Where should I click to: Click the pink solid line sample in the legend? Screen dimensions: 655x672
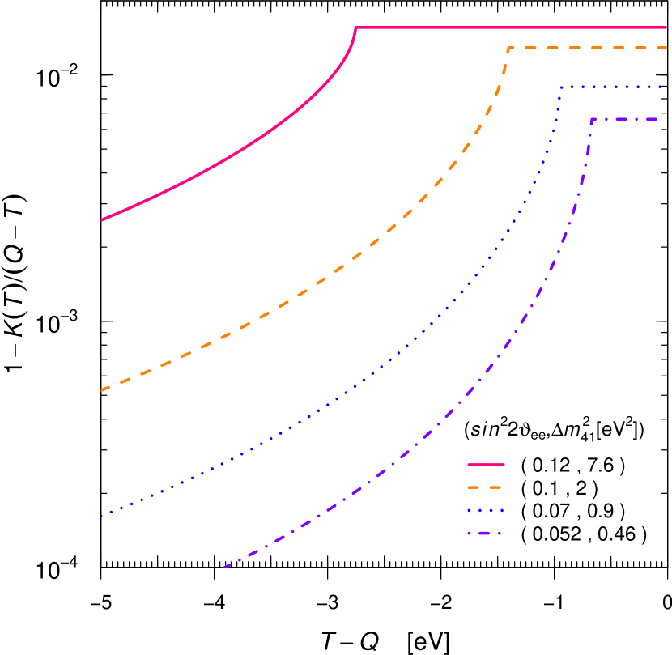486,465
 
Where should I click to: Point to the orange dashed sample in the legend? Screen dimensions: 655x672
486,488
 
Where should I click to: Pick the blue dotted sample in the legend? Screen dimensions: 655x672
486,511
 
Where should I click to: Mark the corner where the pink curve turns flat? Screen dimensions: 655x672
356,28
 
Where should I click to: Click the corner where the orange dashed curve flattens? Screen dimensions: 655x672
508,49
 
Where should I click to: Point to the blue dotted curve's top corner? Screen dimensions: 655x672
559,86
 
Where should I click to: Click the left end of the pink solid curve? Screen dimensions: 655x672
101,219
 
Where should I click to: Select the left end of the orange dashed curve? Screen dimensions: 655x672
101,390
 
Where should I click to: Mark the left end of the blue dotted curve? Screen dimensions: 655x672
101,516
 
